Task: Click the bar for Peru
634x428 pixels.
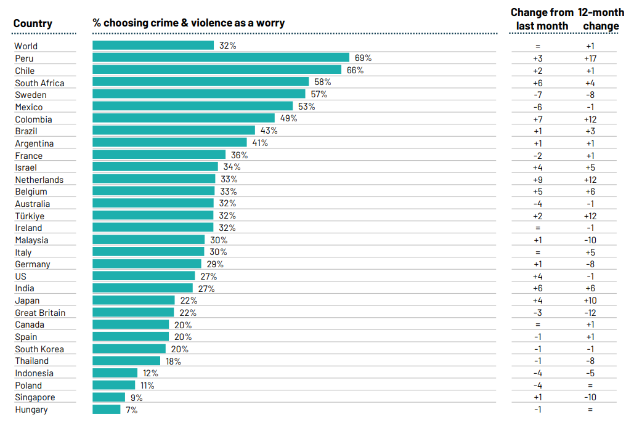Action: [x=221, y=58]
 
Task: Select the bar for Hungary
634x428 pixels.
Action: [x=107, y=410]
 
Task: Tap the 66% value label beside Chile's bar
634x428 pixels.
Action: [x=355, y=70]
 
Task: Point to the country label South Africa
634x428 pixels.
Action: [x=39, y=83]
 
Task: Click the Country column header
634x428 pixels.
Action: [x=33, y=24]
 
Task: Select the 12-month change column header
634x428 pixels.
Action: [x=601, y=19]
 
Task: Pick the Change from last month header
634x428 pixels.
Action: [x=542, y=19]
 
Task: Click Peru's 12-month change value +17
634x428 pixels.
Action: [x=590, y=59]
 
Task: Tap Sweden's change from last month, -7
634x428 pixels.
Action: [x=537, y=95]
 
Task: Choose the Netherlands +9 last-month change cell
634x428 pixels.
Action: [x=537, y=180]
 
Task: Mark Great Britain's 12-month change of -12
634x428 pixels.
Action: [x=590, y=313]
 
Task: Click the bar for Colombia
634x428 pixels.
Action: [x=184, y=118]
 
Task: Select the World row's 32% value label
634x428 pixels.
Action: [x=227, y=46]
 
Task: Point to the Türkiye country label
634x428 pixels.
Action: [x=30, y=216]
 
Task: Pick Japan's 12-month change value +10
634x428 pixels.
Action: [x=590, y=301]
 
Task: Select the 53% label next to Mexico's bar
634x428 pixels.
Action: [x=306, y=107]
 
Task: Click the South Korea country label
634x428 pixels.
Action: [x=39, y=349]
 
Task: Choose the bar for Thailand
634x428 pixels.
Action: [x=126, y=361]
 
